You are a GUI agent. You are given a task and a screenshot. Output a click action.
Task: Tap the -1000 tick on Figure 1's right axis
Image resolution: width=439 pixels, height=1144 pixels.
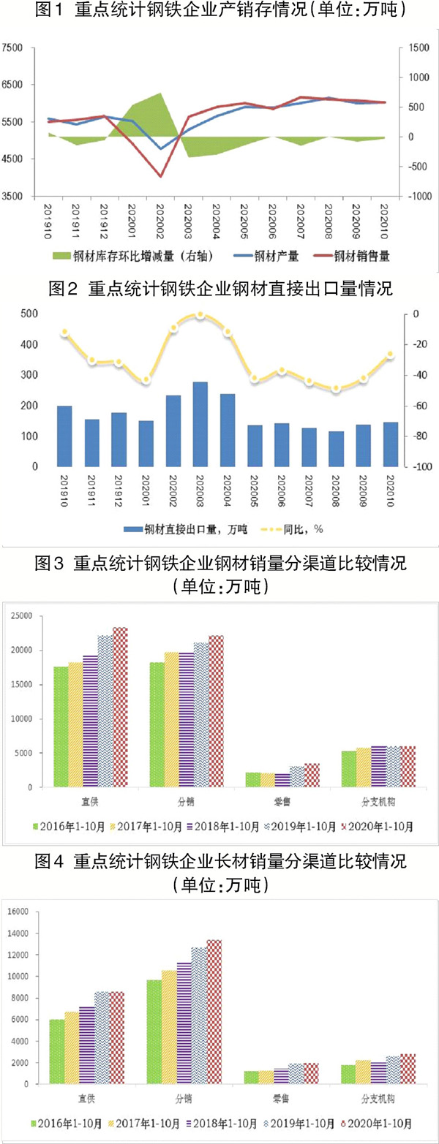click(x=418, y=197)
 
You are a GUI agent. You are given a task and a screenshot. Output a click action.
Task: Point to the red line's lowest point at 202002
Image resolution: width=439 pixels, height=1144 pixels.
click(x=160, y=176)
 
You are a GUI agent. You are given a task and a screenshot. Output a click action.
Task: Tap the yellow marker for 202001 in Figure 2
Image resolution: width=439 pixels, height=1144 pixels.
click(x=146, y=379)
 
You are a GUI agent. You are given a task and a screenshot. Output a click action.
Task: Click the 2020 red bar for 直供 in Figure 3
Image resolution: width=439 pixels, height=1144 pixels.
click(x=120, y=707)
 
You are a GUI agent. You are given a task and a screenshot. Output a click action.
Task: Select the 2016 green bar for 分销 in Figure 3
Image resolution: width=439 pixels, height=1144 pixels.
click(x=156, y=724)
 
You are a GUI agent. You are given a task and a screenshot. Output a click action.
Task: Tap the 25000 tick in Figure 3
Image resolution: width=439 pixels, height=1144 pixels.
click(x=21, y=615)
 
